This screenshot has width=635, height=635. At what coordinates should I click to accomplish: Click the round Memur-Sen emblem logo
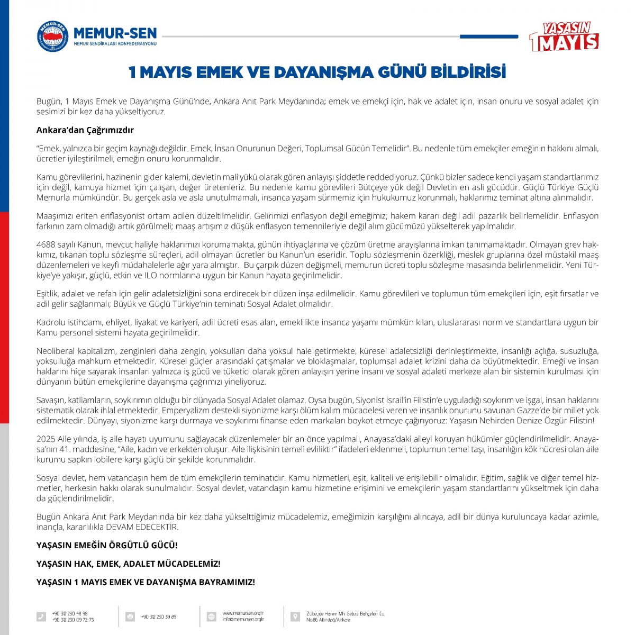pos(52,37)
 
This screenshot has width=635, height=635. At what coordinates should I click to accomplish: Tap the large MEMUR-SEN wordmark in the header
pos(115,32)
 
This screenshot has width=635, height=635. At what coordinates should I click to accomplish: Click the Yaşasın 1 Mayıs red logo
pos(564,37)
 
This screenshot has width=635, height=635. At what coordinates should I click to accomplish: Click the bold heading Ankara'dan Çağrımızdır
pos(85,130)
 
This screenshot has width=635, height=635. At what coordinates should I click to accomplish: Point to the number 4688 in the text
pos(46,244)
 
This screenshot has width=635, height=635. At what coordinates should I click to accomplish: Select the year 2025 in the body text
pos(46,439)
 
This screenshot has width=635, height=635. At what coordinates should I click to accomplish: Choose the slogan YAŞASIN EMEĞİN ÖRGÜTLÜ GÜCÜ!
pos(107,545)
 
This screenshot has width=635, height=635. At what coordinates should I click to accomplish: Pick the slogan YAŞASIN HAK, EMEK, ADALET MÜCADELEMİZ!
pos(128,564)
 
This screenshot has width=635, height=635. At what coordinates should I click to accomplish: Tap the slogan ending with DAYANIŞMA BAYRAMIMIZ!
pos(146,582)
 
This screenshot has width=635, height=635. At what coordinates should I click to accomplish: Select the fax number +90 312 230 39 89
pos(159,617)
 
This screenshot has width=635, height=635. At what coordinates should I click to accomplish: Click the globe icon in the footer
pos(211,616)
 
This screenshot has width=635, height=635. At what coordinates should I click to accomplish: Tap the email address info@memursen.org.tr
pos(243,619)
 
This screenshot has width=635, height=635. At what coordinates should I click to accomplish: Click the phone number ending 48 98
pos(70,613)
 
